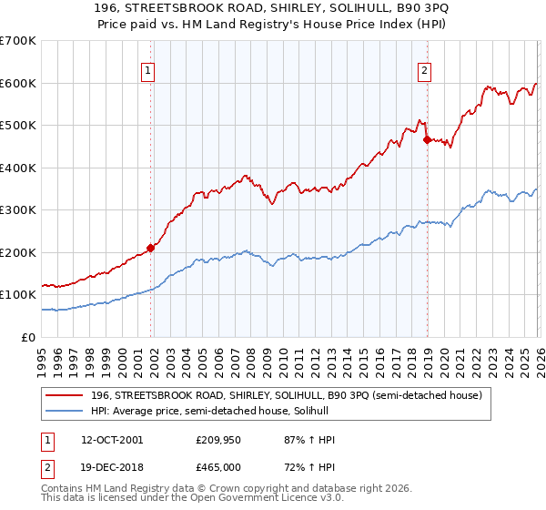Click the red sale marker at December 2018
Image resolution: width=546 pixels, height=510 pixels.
click(x=427, y=139)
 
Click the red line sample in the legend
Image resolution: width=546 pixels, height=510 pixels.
click(x=65, y=394)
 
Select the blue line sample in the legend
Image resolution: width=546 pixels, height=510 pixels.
click(x=65, y=411)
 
